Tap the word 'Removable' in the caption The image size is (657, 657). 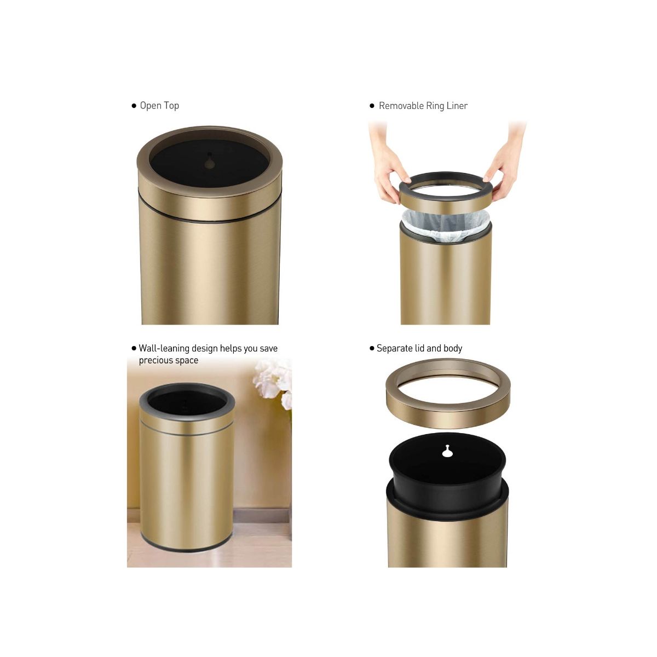(x=401, y=106)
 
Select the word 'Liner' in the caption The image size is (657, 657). (x=457, y=106)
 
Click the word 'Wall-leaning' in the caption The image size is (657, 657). (x=164, y=348)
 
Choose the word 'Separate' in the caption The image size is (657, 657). (x=394, y=348)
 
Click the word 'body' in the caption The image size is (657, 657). (x=453, y=348)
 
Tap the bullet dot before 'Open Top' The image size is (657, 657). (x=134, y=106)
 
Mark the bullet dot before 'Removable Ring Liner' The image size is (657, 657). (x=372, y=106)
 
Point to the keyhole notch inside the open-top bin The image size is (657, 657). (x=209, y=162)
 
